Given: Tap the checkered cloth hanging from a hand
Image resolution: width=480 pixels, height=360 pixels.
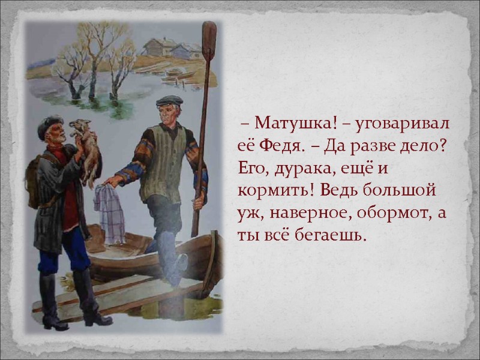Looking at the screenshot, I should coord(109,213).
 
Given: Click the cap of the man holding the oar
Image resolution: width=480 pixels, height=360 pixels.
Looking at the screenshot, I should coord(169,101).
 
